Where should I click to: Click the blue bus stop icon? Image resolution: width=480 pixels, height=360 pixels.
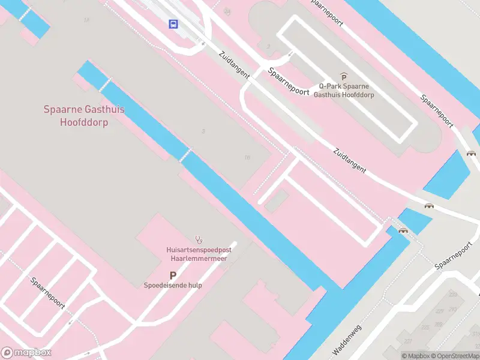point(173,24)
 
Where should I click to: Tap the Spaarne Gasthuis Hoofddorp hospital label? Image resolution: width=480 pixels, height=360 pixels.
point(84,116)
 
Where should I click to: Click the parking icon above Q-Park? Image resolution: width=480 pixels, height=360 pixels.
point(344,76)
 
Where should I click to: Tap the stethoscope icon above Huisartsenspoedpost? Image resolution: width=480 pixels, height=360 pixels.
point(199,240)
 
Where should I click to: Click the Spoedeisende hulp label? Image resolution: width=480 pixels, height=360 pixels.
point(173,286)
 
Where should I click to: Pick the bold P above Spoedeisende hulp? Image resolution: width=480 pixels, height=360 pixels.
point(173,275)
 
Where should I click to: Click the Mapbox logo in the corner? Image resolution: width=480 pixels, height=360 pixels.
point(26,353)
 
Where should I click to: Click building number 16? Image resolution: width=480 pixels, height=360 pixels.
point(247,158)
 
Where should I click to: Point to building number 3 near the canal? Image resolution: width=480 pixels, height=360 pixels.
point(203,131)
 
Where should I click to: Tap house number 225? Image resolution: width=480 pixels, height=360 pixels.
point(425,327)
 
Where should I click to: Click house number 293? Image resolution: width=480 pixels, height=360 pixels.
point(452,309)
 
